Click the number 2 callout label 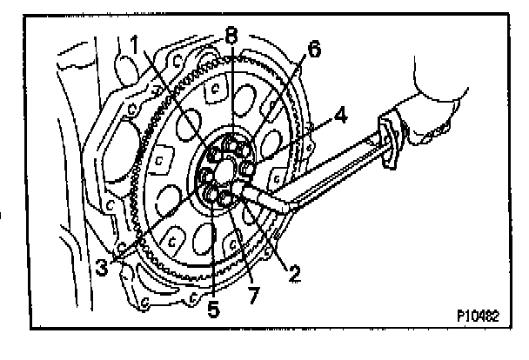click(x=295, y=276)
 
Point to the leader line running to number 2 click(x=270, y=235)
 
